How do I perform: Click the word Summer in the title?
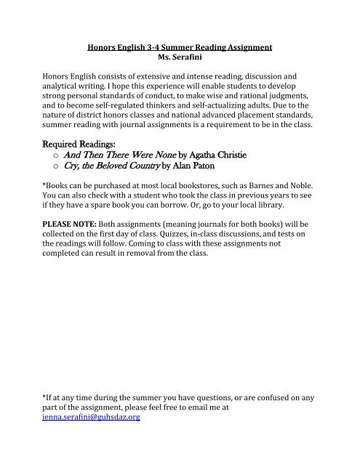(176, 46)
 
